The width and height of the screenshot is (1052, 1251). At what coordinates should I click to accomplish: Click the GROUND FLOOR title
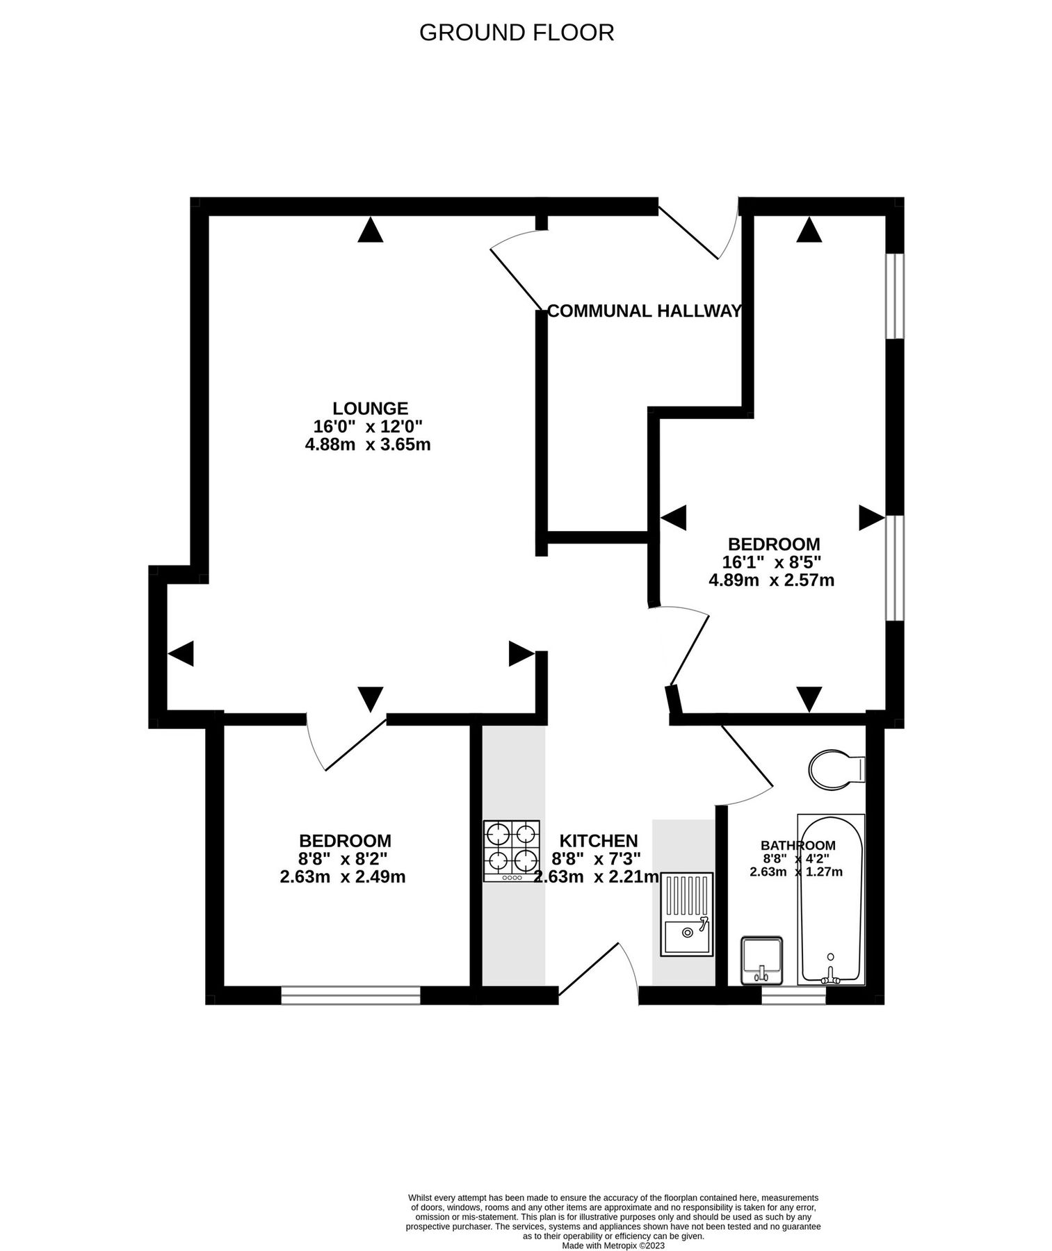[516, 33]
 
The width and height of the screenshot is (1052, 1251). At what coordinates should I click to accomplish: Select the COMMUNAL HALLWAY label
[644, 311]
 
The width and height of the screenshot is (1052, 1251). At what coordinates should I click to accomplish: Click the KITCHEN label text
[599, 841]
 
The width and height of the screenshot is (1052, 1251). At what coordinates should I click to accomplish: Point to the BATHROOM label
[798, 845]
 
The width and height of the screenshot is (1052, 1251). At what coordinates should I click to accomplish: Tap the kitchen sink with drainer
[687, 913]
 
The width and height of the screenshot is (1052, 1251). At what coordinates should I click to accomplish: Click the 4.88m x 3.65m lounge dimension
[368, 444]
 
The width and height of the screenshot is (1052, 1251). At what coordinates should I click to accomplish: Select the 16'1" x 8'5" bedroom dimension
[773, 562]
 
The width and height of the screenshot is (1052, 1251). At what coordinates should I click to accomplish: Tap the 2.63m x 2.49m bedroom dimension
[342, 877]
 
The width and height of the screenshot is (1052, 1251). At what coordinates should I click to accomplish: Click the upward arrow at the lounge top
[370, 230]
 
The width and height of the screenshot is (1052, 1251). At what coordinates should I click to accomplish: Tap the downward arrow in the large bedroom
[809, 698]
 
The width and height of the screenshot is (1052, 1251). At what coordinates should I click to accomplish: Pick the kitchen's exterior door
[599, 973]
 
